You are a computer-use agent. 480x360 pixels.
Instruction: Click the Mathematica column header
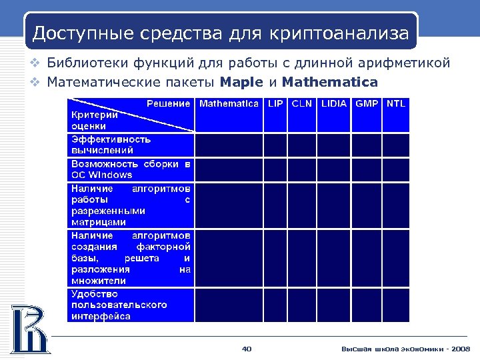[x=229, y=104]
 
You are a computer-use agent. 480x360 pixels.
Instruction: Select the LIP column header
[x=275, y=104]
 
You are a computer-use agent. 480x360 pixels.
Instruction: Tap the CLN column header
[x=301, y=104]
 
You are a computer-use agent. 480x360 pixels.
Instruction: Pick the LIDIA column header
[x=333, y=104]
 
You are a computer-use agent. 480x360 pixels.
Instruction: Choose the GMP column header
[x=367, y=104]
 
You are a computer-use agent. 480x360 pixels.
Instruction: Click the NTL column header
[x=396, y=104]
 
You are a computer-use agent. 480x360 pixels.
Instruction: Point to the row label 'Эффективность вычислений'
[x=111, y=145]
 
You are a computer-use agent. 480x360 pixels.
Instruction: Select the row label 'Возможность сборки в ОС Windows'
[x=131, y=169]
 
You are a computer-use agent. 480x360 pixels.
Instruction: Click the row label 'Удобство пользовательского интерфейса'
[x=119, y=305]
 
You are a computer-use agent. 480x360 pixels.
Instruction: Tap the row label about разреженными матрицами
[x=131, y=205]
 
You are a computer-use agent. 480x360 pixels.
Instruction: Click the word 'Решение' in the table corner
[x=168, y=103]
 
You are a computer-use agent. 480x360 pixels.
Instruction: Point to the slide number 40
[x=246, y=349]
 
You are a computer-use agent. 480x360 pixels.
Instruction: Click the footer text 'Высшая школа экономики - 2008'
[x=405, y=349]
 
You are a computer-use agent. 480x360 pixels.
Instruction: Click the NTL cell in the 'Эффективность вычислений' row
[x=396, y=145]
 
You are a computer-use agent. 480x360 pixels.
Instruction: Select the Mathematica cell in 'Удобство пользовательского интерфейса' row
[x=229, y=305]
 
